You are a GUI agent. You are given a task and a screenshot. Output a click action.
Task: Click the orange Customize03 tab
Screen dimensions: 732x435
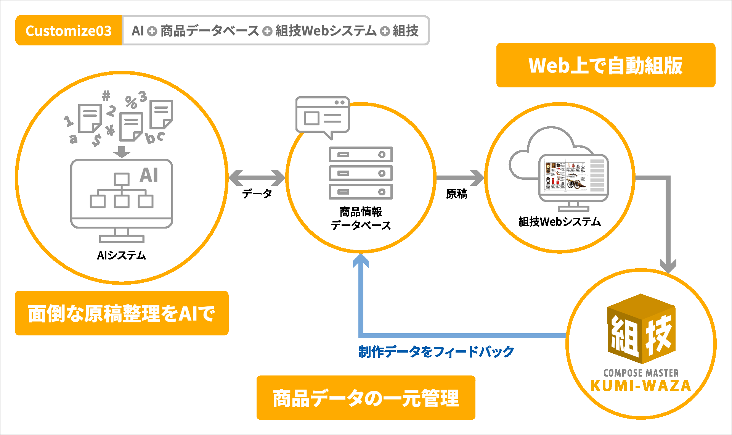tap(69, 31)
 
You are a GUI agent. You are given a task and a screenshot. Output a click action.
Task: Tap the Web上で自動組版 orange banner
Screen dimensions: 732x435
tap(606, 65)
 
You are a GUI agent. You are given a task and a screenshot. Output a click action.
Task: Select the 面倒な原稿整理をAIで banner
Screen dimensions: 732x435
tap(122, 313)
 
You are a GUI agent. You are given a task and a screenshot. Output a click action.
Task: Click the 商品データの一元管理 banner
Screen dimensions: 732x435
tap(366, 398)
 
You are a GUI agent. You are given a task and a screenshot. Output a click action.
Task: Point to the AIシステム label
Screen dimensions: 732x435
tap(122, 255)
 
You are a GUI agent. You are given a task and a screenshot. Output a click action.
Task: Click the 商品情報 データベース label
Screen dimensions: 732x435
tap(361, 218)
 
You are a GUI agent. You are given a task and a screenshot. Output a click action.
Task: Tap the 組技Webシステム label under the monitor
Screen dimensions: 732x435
tap(560, 221)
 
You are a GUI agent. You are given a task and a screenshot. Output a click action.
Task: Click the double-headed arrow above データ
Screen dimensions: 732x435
tap(257, 177)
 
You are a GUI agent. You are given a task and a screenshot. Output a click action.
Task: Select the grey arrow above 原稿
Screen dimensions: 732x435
tap(460, 177)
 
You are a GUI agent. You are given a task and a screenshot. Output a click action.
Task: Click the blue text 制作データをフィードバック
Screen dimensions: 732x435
tap(436, 351)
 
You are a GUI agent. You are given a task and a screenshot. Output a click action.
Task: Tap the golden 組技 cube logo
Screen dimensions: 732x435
tap(641, 329)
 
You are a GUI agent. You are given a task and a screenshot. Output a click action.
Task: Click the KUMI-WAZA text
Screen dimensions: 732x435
tap(641, 386)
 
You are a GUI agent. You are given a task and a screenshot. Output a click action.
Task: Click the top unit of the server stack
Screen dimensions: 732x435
tap(361, 155)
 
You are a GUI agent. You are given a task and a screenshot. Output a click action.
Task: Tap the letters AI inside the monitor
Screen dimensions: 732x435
tap(149, 175)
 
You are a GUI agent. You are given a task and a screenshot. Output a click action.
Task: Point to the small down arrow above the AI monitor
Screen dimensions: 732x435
tap(122, 151)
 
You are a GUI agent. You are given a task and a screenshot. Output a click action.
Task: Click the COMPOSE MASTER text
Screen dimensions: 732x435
tap(641, 373)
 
